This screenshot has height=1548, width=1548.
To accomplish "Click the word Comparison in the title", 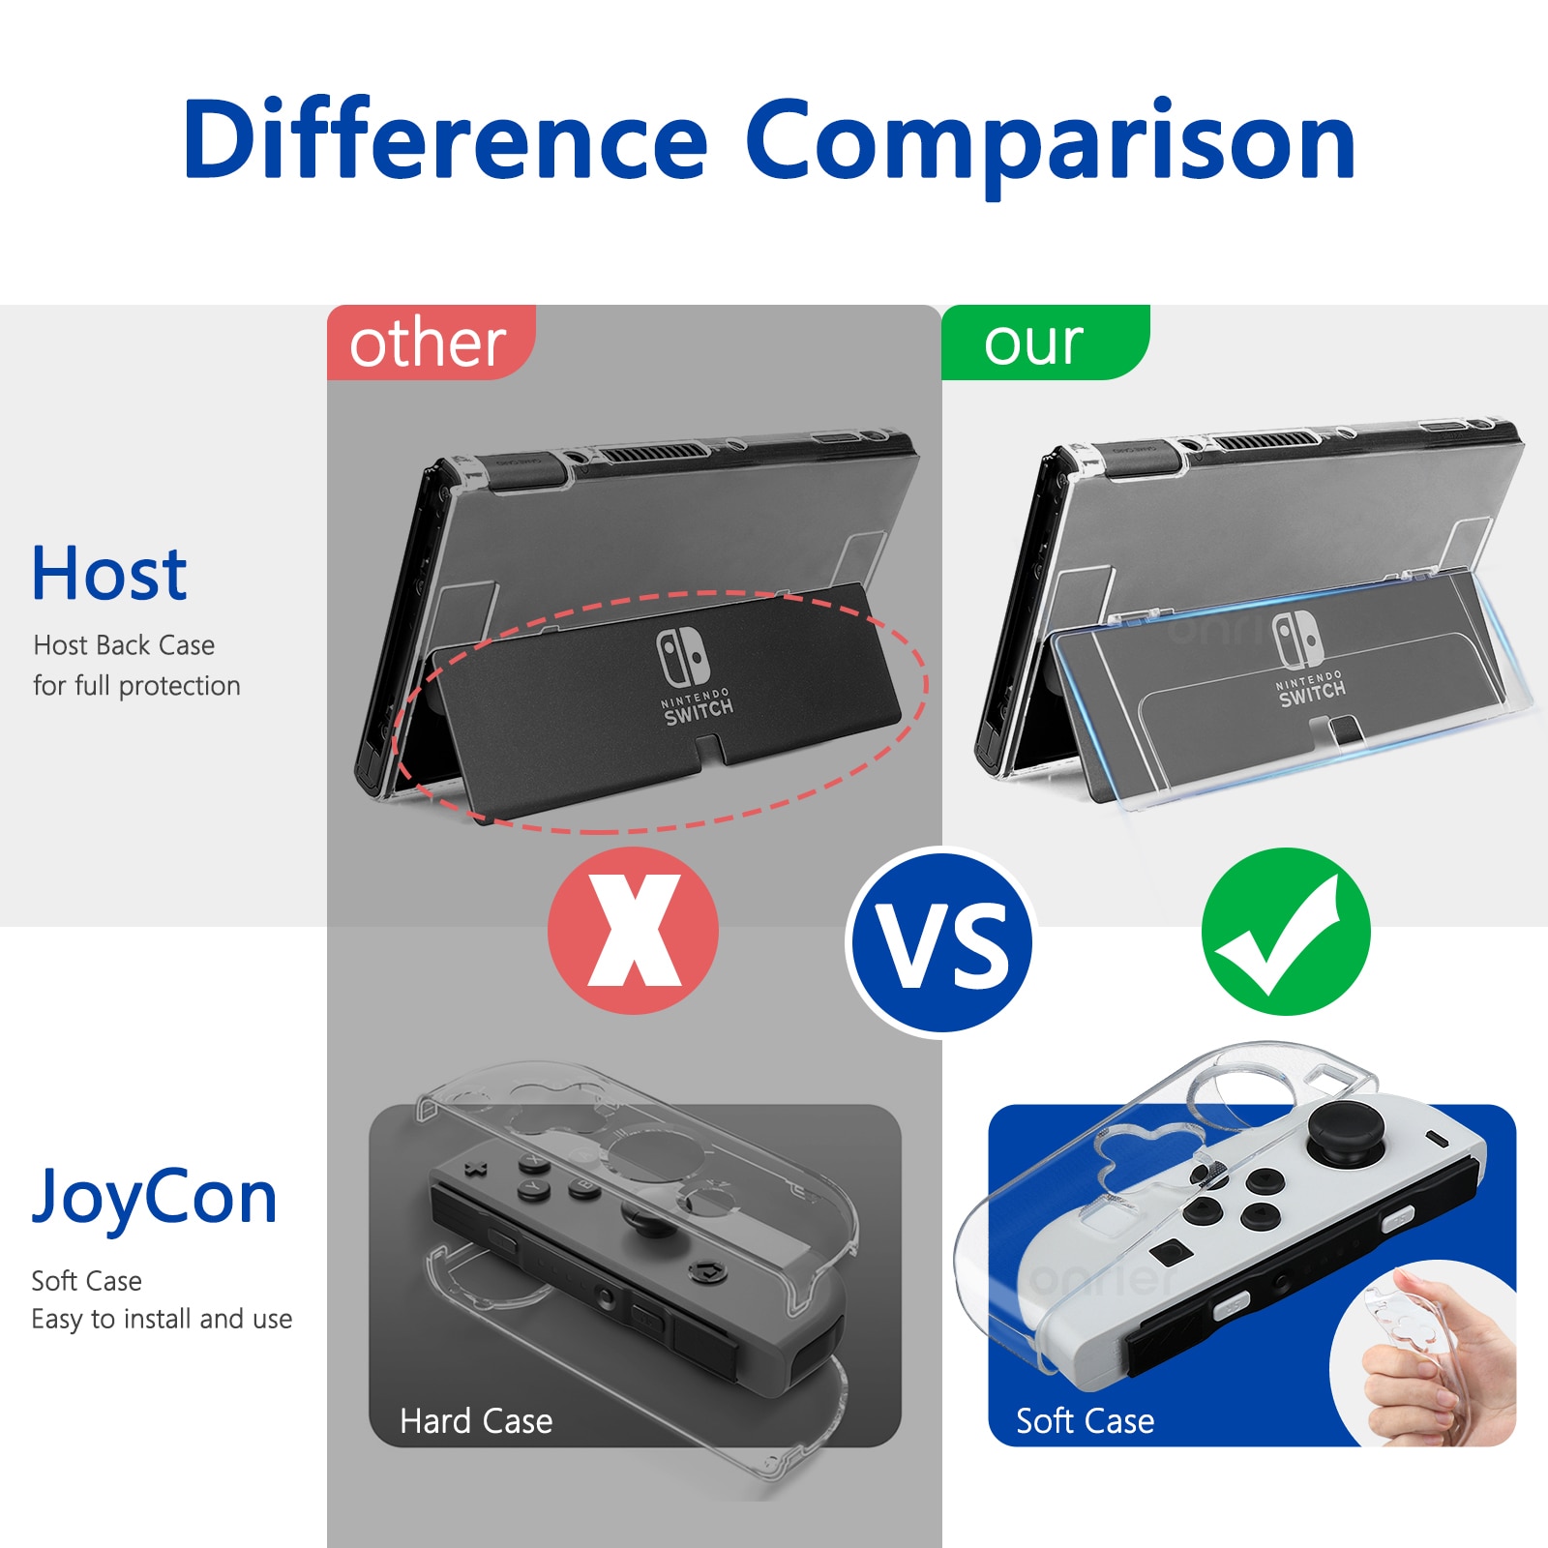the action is coord(1051,145).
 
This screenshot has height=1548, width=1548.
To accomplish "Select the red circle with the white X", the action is coord(633,931).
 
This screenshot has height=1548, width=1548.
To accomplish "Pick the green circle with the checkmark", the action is coord(1286,931).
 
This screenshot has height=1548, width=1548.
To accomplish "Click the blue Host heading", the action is coord(109,574).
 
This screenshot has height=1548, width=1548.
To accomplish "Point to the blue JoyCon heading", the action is coord(155,1199).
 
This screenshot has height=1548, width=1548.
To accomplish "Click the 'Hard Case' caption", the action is coord(476,1421).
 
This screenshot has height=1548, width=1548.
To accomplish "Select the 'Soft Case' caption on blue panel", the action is coord(1085,1421).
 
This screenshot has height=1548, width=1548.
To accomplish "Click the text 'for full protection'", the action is coord(136,686).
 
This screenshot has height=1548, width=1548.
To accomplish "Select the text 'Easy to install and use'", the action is coord(162,1319).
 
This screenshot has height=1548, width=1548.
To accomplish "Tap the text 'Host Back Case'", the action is coord(124,645).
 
